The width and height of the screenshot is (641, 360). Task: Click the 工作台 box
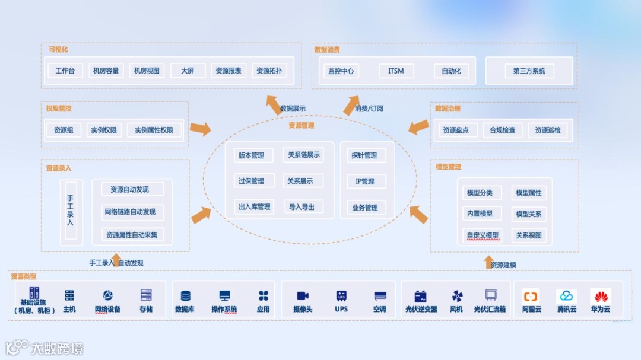(x=65, y=71)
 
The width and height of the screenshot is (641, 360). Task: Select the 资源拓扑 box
(x=269, y=71)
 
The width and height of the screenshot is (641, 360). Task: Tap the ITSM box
(x=396, y=71)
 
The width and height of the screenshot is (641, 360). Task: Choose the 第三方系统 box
(x=529, y=71)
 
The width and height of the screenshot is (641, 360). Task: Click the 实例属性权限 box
(x=154, y=130)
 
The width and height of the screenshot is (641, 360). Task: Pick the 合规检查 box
(x=503, y=130)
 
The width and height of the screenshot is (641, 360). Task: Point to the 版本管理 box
(x=251, y=155)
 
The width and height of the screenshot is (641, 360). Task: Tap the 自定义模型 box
(x=483, y=235)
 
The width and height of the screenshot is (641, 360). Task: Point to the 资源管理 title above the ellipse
(x=302, y=126)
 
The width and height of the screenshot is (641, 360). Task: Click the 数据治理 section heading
(x=448, y=109)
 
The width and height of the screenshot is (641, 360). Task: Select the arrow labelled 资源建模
(x=488, y=262)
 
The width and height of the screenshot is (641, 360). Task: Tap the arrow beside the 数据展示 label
(x=272, y=104)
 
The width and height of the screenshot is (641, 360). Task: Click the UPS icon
(x=341, y=295)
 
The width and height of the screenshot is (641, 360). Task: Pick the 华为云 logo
(x=600, y=296)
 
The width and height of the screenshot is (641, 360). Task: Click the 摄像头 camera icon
(x=303, y=295)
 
